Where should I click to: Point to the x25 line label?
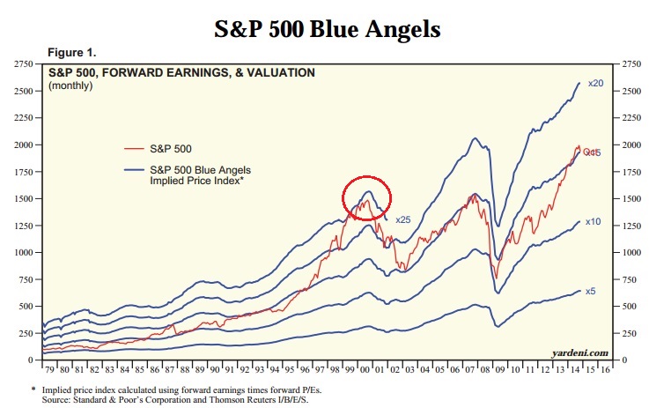[x=403, y=219]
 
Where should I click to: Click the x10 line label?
[x=593, y=222]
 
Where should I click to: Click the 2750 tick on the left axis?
[x=20, y=65]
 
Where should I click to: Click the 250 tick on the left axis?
[x=24, y=333]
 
